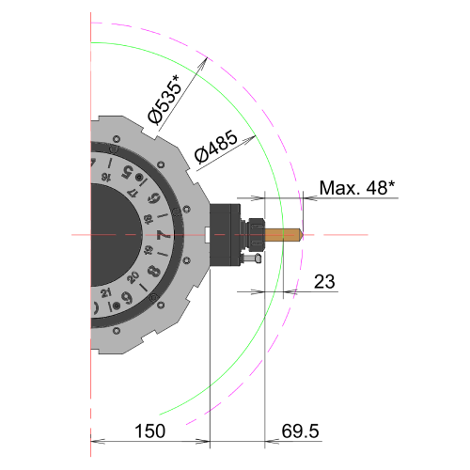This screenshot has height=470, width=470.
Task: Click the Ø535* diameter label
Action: [164, 99]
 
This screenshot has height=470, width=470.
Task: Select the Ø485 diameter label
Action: [215, 147]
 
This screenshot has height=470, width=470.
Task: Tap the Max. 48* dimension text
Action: [357, 188]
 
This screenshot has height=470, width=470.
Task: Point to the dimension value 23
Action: [324, 281]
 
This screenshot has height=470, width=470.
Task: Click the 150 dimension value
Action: [149, 431]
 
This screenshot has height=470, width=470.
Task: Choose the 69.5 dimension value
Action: [300, 431]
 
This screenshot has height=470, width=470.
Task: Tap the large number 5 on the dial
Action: [128, 172]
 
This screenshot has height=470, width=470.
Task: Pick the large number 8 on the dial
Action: [154, 271]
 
